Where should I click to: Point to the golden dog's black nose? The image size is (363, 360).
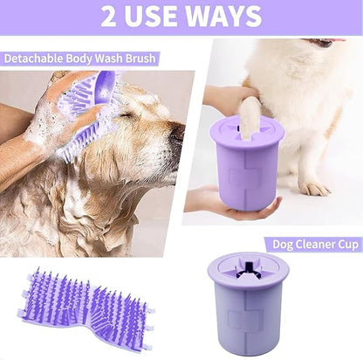click(177, 134)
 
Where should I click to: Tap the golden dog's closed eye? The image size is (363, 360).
click(138, 117)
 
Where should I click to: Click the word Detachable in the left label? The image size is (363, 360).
click(33, 59)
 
